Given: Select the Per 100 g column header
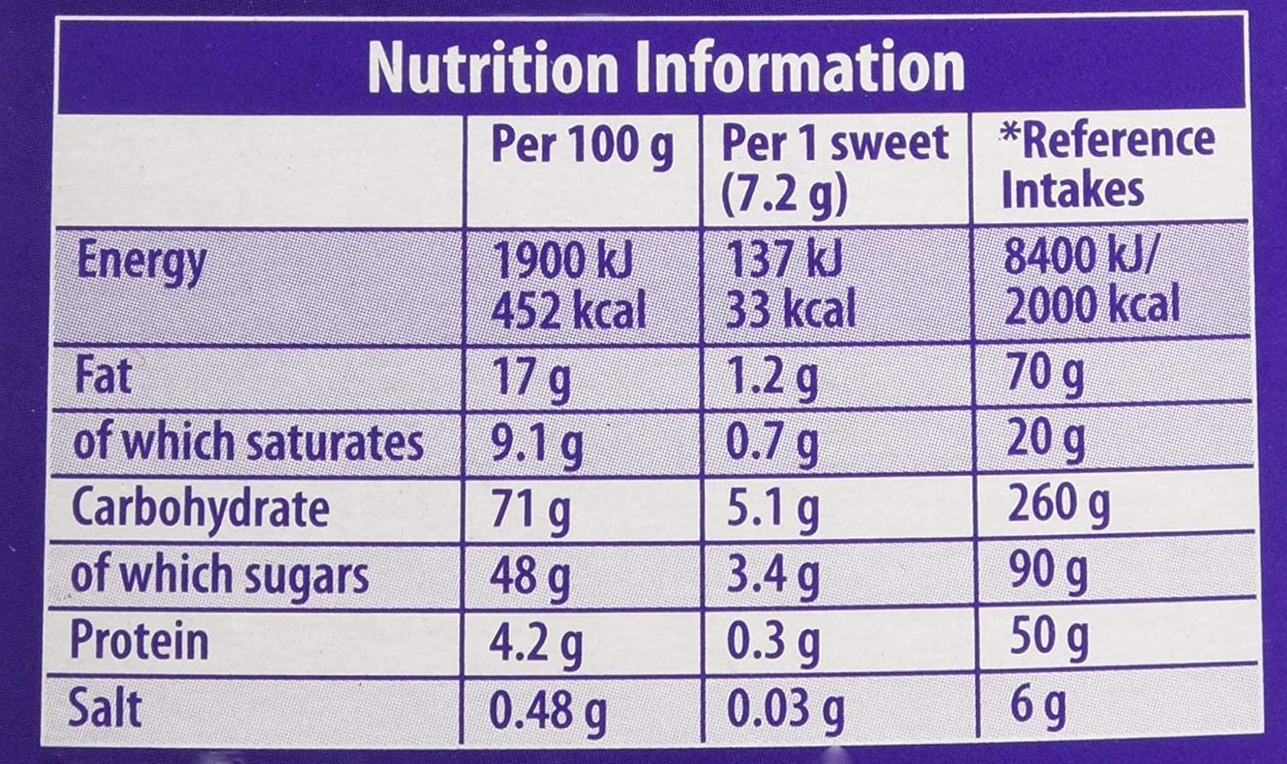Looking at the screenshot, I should (x=581, y=145).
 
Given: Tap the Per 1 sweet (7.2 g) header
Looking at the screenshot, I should (x=834, y=168).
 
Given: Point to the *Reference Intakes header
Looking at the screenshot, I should (x=1107, y=164).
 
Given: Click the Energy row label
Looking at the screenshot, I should (x=141, y=262).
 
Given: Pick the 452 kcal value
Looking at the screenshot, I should (x=567, y=308).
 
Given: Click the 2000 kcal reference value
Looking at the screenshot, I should (x=1091, y=306).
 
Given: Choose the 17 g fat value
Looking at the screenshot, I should (x=529, y=378).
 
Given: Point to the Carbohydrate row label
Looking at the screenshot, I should (x=200, y=508).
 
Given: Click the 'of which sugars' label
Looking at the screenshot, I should (x=220, y=574).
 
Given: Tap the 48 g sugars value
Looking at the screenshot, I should (x=529, y=576).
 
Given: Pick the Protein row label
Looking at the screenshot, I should (x=139, y=640).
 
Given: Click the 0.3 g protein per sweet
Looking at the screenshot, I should (x=772, y=642).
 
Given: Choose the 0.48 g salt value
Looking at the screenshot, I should (x=547, y=709).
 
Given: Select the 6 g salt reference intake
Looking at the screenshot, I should (x=1037, y=706).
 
